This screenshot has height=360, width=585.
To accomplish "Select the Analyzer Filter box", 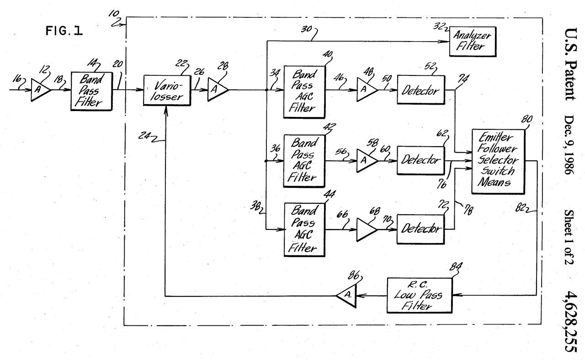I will tap(473, 42).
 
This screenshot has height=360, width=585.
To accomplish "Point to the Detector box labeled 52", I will tap(422, 90).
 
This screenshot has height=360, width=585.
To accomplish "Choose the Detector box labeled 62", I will tap(422, 160).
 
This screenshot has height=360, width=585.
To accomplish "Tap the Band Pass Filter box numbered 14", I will tap(91, 90).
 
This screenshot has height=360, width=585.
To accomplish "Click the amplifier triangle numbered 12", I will tap(40, 90).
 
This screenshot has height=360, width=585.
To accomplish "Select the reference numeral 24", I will tap(148, 136).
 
